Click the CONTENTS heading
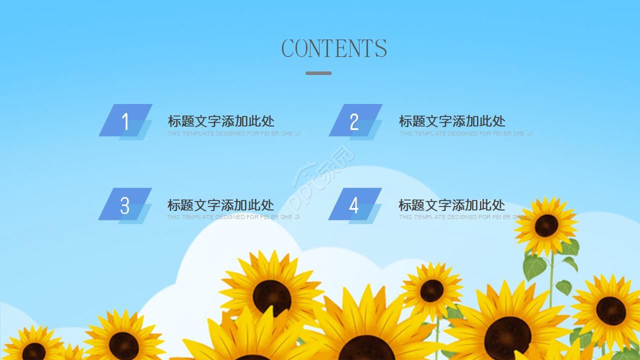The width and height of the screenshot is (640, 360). click(334, 48)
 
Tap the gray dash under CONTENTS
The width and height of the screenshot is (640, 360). click(318, 73)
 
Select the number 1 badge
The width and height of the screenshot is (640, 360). click(125, 120)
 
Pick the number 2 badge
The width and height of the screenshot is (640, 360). click(355, 121)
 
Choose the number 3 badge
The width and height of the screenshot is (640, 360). click(125, 205)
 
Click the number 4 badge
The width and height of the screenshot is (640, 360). click(354, 204)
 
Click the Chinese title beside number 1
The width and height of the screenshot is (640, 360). click(221, 121)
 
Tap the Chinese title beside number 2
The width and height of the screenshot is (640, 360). click(452, 121)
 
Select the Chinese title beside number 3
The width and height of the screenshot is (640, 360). click(220, 205)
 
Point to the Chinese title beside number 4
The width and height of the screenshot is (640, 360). click(451, 205)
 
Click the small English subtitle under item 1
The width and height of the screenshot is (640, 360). click(233, 133)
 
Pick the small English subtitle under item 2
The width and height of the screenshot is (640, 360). click(465, 133)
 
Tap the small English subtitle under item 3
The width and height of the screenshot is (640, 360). click(233, 217)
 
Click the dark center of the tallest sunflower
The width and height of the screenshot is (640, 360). click(546, 225)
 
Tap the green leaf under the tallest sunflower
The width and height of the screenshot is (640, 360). click(534, 266)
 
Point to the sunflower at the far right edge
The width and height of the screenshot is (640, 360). click(610, 310)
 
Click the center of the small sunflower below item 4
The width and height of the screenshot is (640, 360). click(431, 290)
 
